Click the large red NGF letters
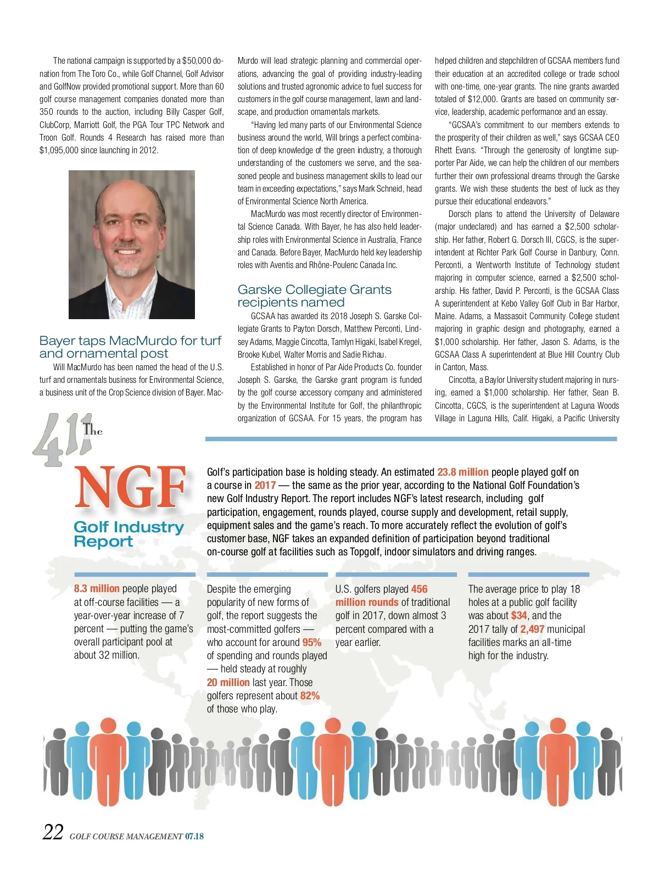[x=131, y=488]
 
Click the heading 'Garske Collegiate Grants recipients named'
[x=314, y=296]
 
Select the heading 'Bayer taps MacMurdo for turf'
[x=130, y=341]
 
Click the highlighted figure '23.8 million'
[x=462, y=472]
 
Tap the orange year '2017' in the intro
[x=265, y=485]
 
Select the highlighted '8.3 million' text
[x=97, y=588]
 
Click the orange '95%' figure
[x=311, y=642]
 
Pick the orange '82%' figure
[x=310, y=695]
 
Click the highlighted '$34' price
[x=518, y=615]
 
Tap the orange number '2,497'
[x=532, y=629]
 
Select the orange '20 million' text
[x=228, y=682]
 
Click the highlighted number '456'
[x=419, y=589]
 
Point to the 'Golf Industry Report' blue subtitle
[x=129, y=534]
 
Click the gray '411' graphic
[x=58, y=439]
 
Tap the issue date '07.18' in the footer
[x=194, y=836]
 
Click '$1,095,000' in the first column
[x=59, y=150]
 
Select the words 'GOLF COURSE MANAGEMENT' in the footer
[x=126, y=837]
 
